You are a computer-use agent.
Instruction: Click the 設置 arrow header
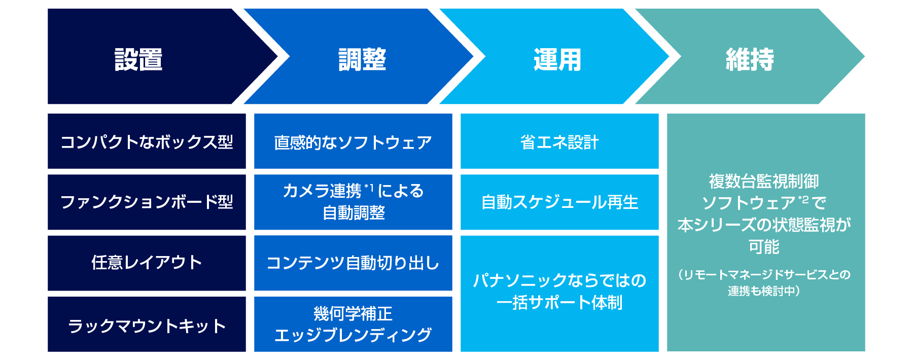tap(138, 59)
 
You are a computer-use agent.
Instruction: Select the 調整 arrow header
tap(362, 59)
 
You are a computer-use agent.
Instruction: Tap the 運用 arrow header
tap(557, 59)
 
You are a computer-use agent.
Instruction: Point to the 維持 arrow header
tap(750, 59)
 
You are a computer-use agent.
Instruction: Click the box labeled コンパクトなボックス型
tap(147, 141)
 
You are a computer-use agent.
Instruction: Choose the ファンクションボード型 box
tap(147, 202)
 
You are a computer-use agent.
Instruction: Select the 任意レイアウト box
tap(147, 263)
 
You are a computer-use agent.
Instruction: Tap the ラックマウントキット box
tap(147, 325)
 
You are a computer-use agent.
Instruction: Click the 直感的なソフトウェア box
tap(353, 141)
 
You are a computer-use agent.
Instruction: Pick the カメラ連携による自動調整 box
tap(353, 202)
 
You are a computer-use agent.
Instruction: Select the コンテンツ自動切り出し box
tap(353, 263)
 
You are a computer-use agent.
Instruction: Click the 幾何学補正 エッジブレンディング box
tap(353, 325)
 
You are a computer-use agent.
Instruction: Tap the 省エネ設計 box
tap(559, 141)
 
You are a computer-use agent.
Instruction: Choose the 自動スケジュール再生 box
tap(559, 202)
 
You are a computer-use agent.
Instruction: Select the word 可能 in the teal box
tap(764, 247)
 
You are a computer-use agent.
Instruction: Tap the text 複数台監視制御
tap(764, 181)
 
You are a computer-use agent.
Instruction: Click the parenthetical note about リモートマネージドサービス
tap(764, 282)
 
